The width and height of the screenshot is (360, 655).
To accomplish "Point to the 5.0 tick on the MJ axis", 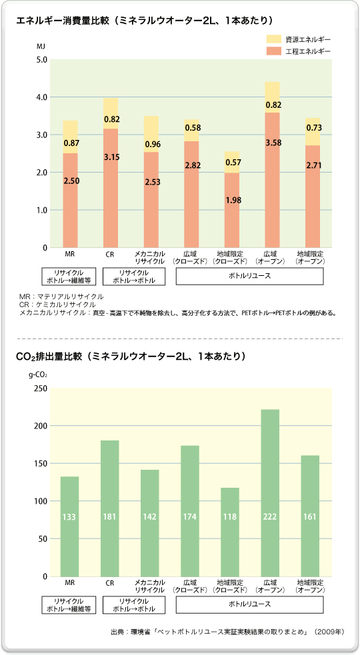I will point(41,60).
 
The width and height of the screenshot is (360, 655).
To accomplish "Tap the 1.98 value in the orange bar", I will point(232,200).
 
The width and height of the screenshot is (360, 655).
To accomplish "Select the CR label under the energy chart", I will point(111,254).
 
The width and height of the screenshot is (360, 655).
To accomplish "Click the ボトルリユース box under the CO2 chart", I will point(249,604).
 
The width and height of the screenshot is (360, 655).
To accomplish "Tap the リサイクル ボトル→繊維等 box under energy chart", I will point(70,277).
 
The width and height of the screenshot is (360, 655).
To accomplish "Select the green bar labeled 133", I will point(69,526).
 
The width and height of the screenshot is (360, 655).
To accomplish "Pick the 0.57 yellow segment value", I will point(232,162).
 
